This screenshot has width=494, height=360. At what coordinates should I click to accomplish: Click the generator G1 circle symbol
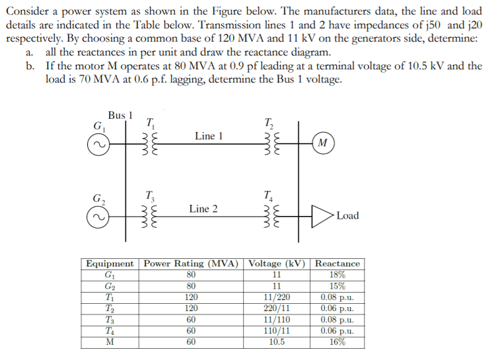click(x=96, y=143)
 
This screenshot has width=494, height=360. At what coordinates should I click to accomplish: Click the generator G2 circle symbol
click(x=96, y=217)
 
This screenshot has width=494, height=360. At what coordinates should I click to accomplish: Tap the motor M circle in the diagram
click(x=322, y=143)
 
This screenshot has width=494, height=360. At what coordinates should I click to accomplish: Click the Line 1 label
click(x=209, y=135)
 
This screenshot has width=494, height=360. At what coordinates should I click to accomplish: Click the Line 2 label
click(x=203, y=209)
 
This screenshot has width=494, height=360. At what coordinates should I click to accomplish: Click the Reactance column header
click(x=337, y=263)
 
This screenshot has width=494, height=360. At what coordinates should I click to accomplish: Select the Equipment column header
click(x=110, y=263)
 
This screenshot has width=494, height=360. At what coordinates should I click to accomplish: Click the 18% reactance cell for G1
click(x=337, y=275)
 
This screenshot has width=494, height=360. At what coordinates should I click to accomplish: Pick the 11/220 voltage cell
click(x=277, y=297)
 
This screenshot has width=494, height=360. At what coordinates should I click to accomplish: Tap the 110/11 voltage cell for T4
click(x=277, y=331)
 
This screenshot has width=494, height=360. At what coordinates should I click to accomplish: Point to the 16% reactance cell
click(x=337, y=342)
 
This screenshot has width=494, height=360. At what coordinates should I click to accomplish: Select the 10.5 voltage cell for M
click(x=277, y=342)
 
